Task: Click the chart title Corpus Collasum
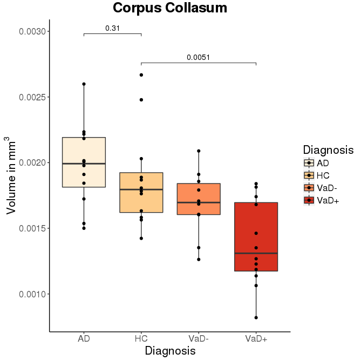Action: coord(170,8)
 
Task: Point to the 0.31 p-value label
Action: coord(112,28)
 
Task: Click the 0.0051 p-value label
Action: coord(198,57)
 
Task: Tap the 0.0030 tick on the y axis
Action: coord(34,32)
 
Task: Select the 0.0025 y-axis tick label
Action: coord(34,97)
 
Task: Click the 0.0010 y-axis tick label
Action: coord(34,294)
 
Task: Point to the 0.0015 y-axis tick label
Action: coord(34,228)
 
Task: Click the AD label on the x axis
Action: coord(84,339)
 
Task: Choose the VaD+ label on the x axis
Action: coord(256,339)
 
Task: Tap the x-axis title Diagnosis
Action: coord(170,351)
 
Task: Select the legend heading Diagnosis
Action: coord(328,150)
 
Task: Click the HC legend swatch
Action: coord(308,175)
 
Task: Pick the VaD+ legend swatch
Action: coord(308,200)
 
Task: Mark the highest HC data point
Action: coord(141,75)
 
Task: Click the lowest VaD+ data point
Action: coord(256,317)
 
